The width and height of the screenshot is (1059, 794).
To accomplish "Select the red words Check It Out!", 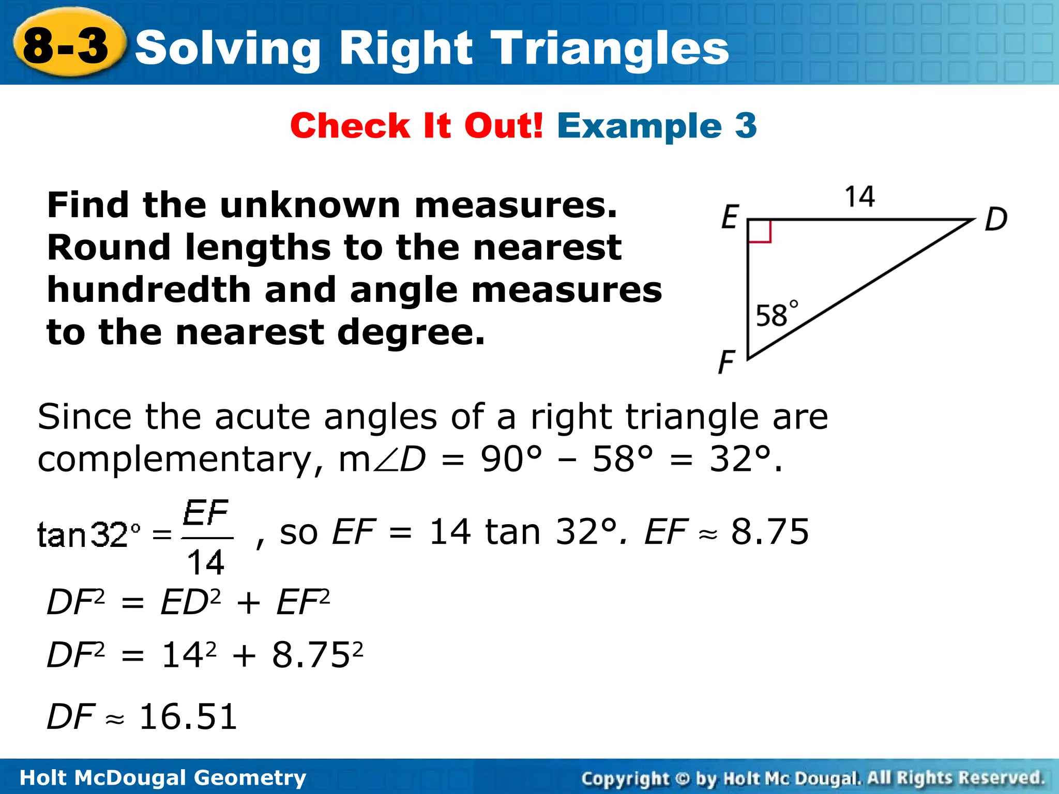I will click(x=416, y=126).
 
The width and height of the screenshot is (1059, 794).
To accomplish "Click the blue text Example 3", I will click(x=657, y=126).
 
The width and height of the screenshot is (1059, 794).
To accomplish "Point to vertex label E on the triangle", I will click(x=730, y=217).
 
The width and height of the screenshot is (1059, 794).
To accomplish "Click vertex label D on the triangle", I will click(x=996, y=219).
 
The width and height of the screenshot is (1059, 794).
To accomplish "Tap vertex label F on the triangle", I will click(x=727, y=361).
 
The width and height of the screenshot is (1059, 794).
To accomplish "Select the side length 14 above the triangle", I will click(x=859, y=197).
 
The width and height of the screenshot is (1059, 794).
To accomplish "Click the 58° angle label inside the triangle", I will click(x=776, y=314).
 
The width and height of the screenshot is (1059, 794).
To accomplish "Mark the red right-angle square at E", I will click(x=760, y=231).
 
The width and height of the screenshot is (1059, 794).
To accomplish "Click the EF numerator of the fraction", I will click(x=205, y=513).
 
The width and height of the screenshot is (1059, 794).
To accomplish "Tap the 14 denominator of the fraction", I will click(x=206, y=562).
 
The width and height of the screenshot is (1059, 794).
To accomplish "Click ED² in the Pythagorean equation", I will click(x=190, y=602).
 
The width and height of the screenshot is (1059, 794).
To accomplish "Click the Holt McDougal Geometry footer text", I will click(x=162, y=777).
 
